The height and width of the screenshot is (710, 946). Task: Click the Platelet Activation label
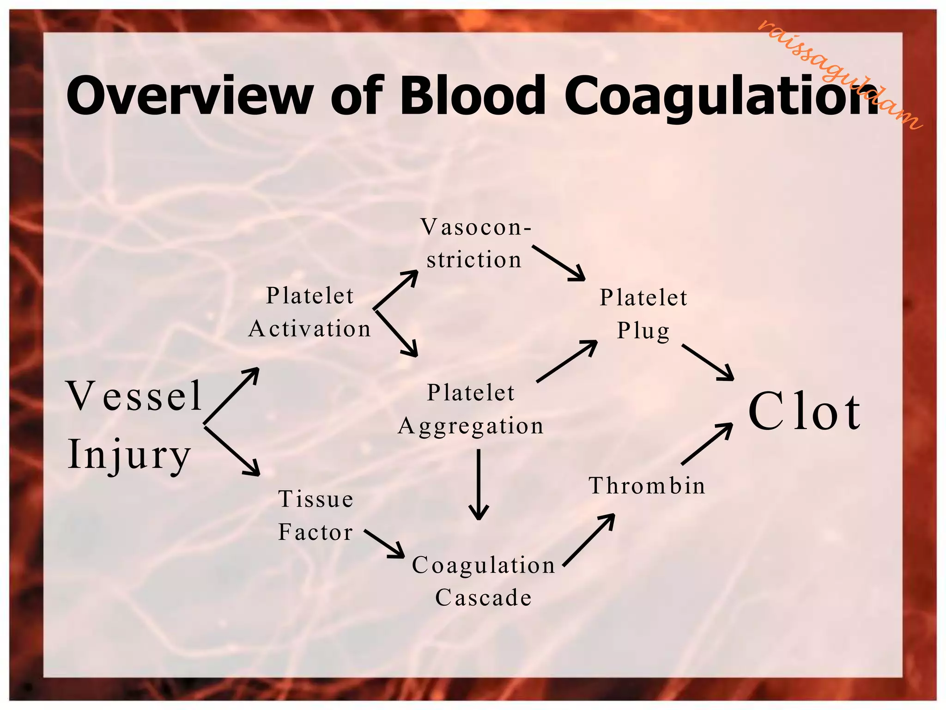tap(309, 312)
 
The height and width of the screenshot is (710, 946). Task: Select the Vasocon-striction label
tap(475, 244)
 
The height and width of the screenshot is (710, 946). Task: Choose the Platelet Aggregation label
tap(471, 410)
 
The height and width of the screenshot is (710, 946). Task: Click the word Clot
tap(804, 411)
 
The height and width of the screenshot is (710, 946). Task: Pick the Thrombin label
tap(647, 486)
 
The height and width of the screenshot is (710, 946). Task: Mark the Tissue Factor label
tap(315, 515)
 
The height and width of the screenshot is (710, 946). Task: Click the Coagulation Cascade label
tap(483, 581)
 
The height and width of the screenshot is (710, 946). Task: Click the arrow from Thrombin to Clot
tap(707, 444)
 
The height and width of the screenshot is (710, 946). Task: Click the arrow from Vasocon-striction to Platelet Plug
tap(558, 263)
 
